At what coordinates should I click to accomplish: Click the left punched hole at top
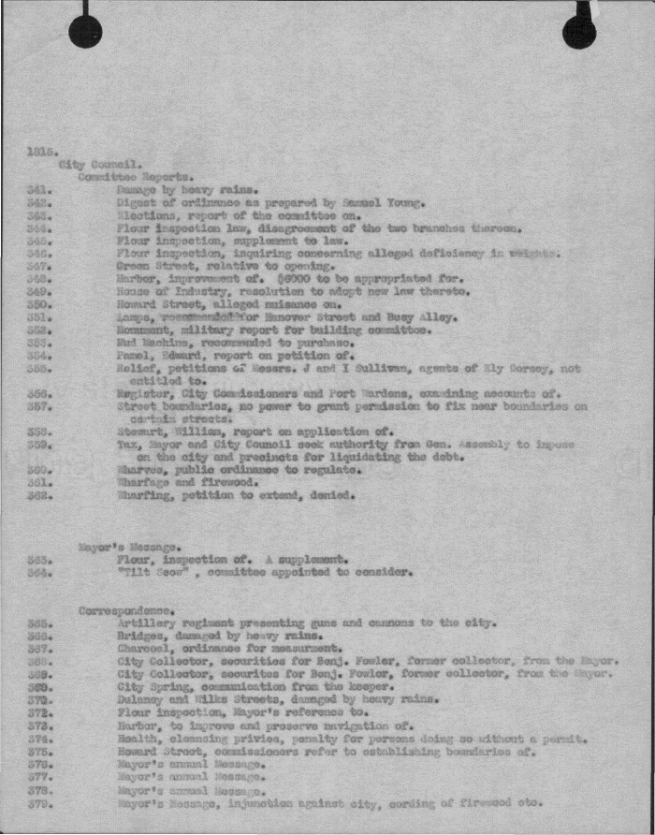click(x=85, y=32)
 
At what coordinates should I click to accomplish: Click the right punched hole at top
click(x=579, y=32)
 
